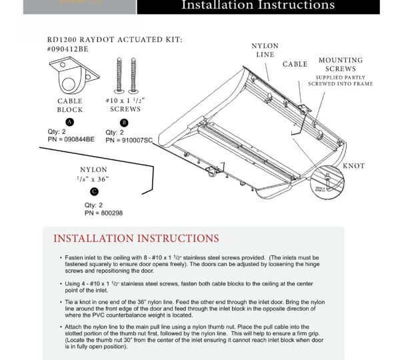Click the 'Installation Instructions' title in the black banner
pos(258,6)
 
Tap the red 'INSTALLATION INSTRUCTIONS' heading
pos(136,239)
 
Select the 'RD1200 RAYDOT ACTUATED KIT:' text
pos(115,40)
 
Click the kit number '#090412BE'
pos(67,49)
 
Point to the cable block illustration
pos(71,77)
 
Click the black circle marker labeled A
pos(70,122)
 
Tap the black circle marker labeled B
pos(123,122)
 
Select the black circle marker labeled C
pos(94,192)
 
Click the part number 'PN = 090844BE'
pos(71,140)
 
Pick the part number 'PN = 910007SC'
pos(129,140)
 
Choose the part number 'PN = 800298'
pos(103,213)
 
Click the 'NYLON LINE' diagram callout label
pos(265,50)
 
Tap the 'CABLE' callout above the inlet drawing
pos(295,65)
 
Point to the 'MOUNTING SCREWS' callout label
pos(340,65)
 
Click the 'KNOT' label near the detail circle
pos(353,166)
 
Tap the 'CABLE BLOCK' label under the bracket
pos(70,105)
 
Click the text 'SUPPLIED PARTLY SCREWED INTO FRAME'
pos(340,81)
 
